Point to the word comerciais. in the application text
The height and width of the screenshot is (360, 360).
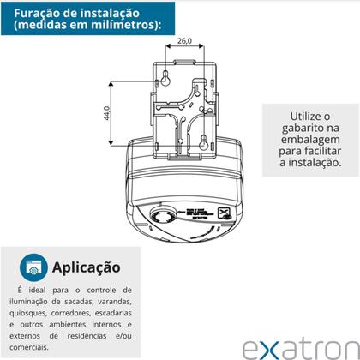point(39,347)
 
